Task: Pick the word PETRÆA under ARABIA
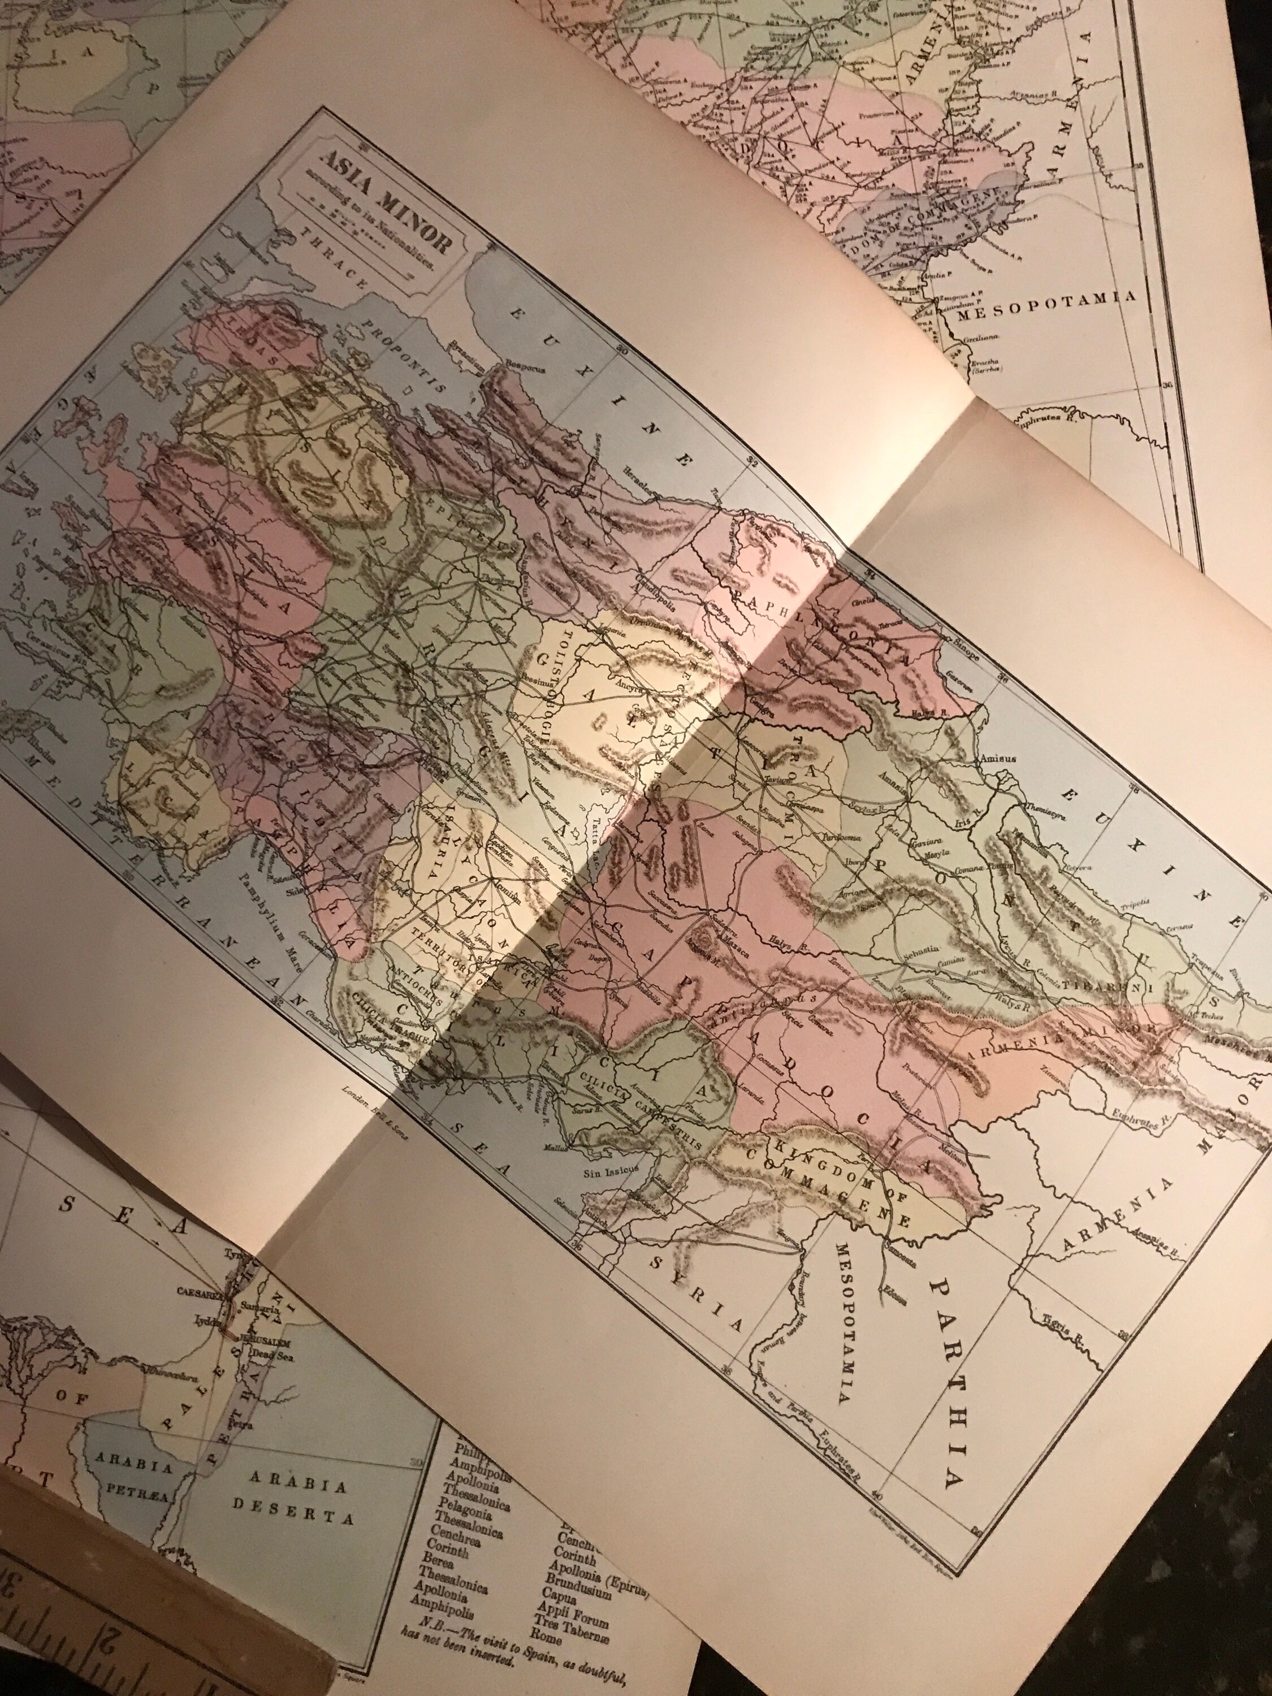coord(127,1469)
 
